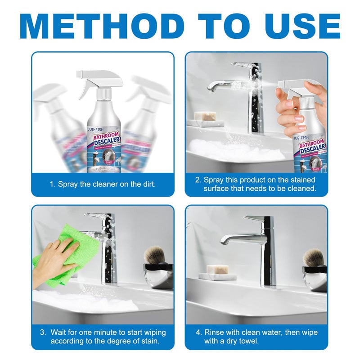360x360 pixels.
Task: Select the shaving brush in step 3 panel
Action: (155, 259)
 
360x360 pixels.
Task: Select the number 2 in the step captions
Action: (198, 180)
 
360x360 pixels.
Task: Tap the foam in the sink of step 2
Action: (234, 148)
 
